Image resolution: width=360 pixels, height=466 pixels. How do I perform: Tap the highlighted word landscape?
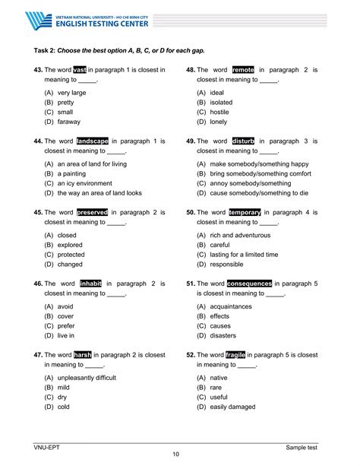[93, 141]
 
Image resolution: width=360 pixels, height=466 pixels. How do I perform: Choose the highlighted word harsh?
[83, 354]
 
